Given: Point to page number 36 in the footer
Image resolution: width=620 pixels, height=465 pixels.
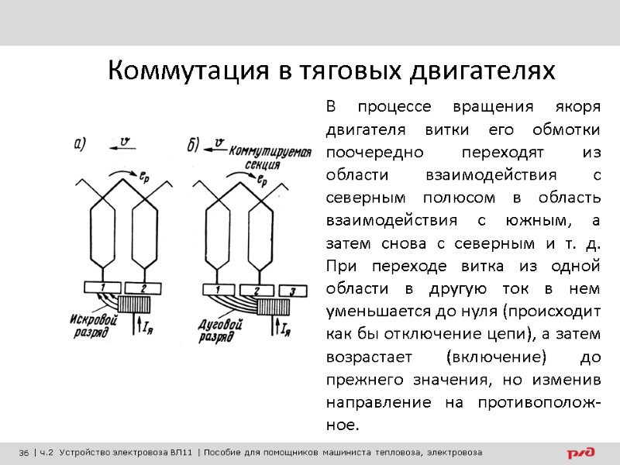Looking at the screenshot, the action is (24, 452).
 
